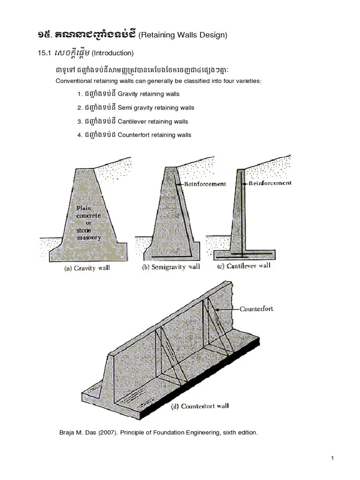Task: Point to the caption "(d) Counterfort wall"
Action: [198, 405]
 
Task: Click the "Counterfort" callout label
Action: [256, 309]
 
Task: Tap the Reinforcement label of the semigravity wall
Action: [204, 184]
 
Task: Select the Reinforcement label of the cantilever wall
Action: [270, 183]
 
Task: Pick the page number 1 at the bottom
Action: [332, 458]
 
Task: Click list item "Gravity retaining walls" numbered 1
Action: [149, 94]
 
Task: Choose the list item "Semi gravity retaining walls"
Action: [156, 108]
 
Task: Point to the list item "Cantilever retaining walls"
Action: [153, 121]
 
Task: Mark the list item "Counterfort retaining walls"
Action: [154, 135]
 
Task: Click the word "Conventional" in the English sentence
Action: [72, 81]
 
